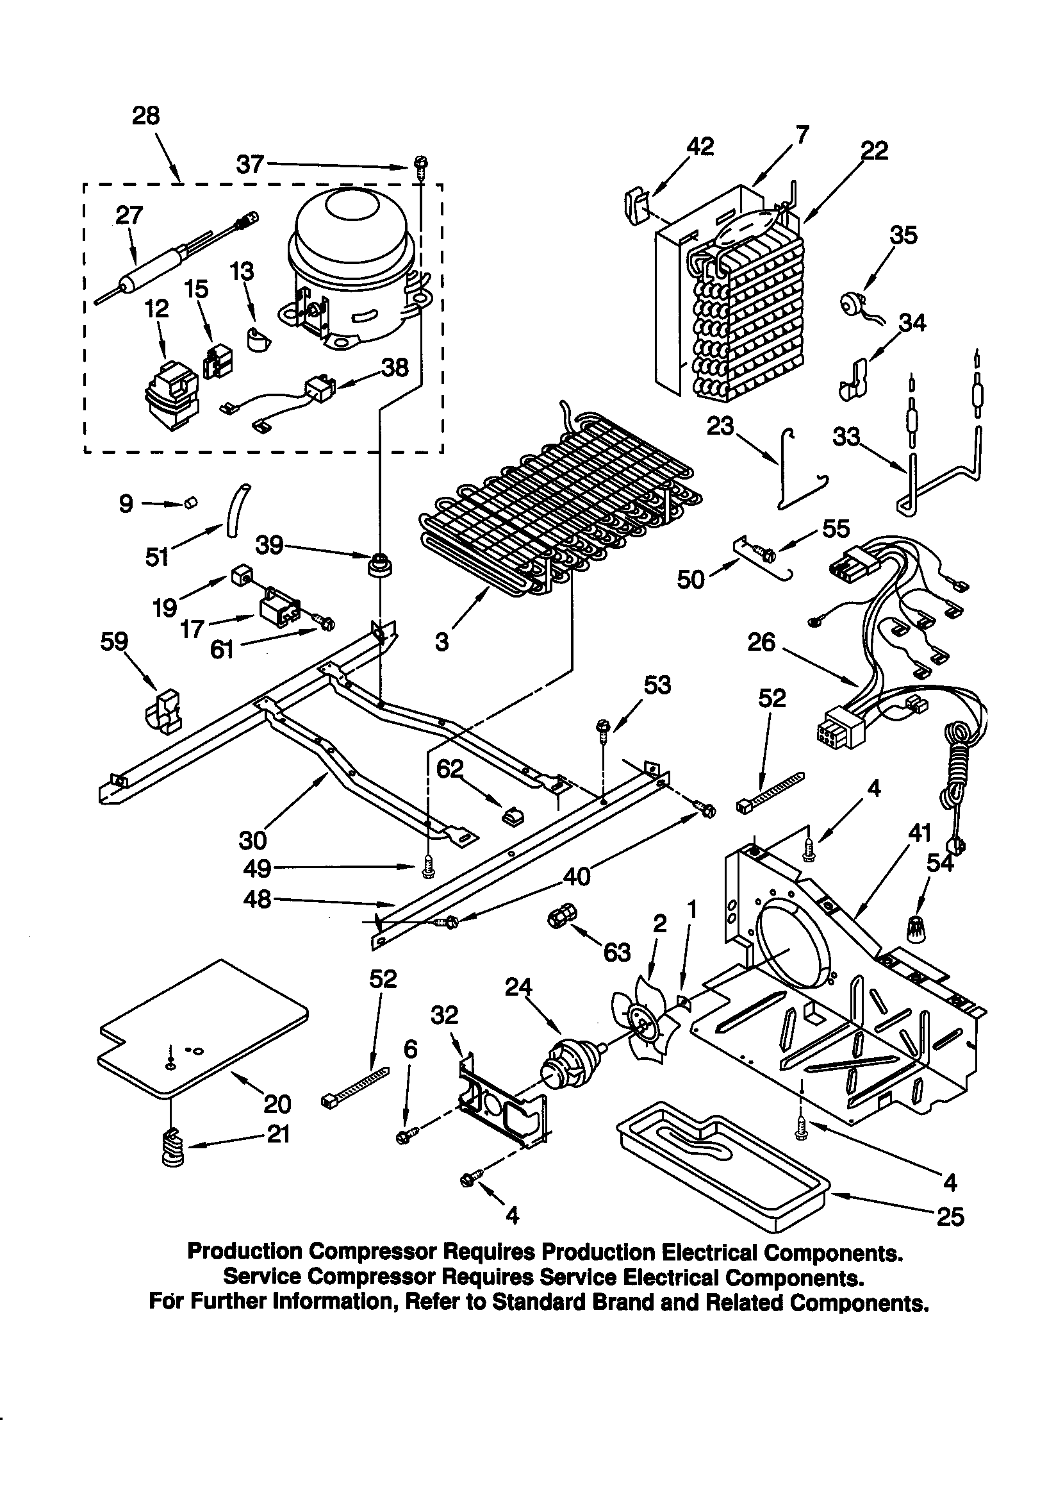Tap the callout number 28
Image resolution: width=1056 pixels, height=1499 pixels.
pos(145,116)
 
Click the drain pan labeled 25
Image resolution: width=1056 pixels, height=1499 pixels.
pos(721,1167)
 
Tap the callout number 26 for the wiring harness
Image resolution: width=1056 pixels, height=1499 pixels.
pos(761,642)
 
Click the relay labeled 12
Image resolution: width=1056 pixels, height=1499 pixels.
pos(171,396)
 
